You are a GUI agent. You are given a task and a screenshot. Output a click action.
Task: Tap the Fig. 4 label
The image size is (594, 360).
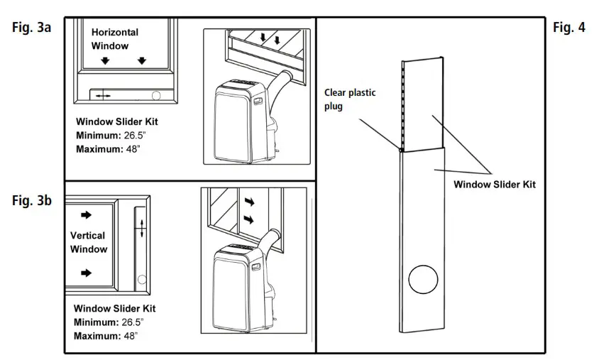(568, 28)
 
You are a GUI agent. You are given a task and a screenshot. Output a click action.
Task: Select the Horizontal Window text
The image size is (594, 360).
(114, 39)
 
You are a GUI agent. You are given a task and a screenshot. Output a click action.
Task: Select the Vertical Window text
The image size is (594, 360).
(89, 242)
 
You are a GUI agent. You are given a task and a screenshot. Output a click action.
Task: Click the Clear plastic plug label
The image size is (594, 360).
(350, 99)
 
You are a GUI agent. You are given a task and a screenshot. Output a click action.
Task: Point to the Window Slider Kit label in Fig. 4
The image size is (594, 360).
(494, 185)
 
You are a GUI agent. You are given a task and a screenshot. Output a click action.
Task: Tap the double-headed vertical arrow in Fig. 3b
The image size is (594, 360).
(141, 229)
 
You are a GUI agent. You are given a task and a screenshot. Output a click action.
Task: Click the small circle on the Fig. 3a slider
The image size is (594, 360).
(157, 94)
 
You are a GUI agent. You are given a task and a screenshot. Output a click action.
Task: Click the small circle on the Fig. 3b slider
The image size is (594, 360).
(141, 280)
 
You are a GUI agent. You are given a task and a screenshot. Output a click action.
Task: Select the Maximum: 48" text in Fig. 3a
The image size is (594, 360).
(108, 148)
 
